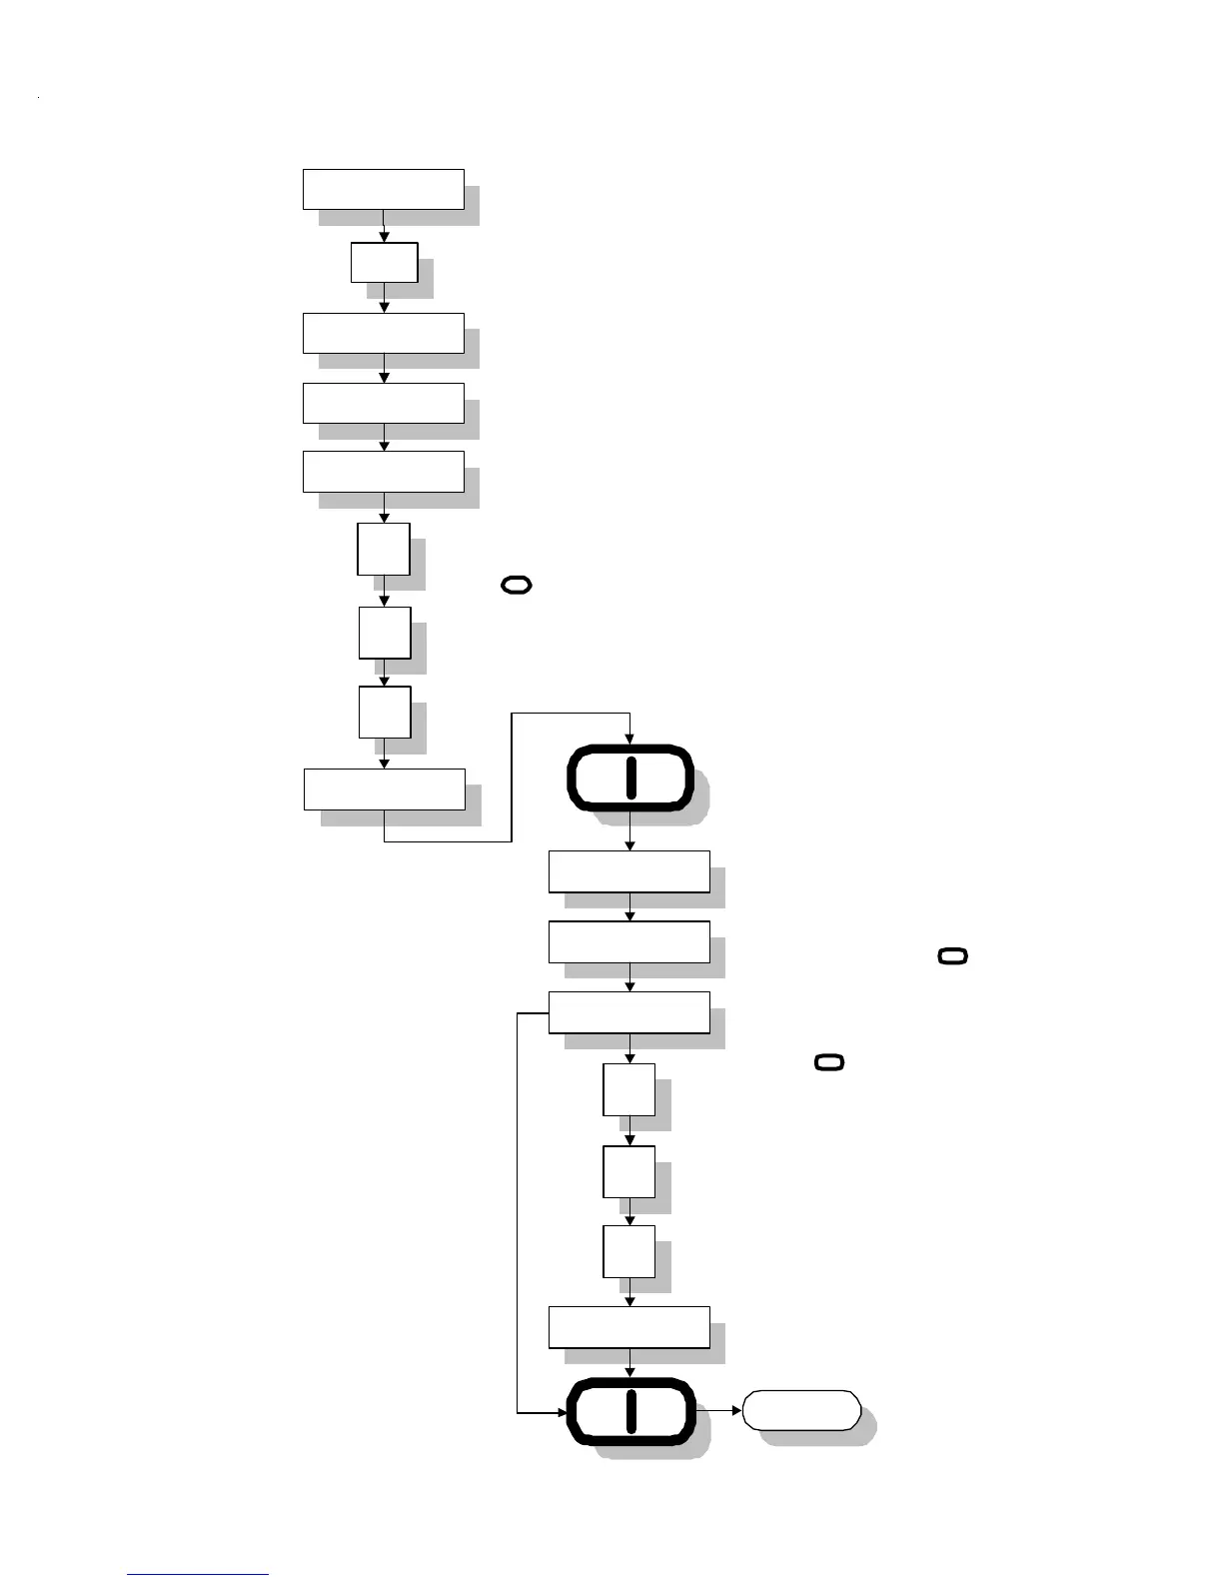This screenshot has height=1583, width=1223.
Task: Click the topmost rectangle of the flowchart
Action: (383, 189)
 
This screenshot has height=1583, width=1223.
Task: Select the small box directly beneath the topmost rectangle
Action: (384, 262)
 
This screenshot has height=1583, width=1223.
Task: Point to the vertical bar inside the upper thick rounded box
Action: (630, 778)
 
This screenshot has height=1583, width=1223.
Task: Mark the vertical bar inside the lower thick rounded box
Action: (630, 1411)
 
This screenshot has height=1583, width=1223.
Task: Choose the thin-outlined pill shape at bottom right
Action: (801, 1410)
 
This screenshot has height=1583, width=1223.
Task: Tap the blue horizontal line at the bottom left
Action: (198, 1575)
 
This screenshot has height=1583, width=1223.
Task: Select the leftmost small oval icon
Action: (516, 586)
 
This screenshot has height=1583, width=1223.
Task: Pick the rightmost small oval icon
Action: (953, 956)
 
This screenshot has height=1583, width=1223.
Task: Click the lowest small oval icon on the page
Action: (829, 1061)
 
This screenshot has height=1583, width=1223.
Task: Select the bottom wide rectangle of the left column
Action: (384, 789)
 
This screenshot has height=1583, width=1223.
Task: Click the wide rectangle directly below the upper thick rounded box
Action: (628, 871)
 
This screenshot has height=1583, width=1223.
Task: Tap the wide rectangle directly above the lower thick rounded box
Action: (628, 1327)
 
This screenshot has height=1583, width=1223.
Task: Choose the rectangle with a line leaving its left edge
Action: (628, 1012)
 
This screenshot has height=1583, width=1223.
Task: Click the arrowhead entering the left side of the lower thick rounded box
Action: (559, 1413)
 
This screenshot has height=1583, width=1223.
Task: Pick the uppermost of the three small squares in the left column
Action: (384, 549)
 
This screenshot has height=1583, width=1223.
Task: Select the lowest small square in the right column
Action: (628, 1251)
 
